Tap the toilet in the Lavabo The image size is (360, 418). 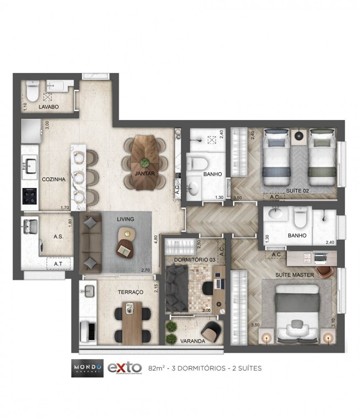(x=32, y=89)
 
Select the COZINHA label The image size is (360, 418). (x=53, y=179)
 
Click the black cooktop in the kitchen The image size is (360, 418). (x=30, y=195)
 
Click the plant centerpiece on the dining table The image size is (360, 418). (x=145, y=162)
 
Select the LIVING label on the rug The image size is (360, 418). (x=125, y=219)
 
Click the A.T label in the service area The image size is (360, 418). (x=58, y=264)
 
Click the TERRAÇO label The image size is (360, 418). (x=130, y=292)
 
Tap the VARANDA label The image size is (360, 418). (x=193, y=341)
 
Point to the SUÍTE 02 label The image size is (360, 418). (x=298, y=191)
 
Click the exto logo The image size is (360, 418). (x=124, y=367)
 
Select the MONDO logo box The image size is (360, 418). (x=86, y=368)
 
